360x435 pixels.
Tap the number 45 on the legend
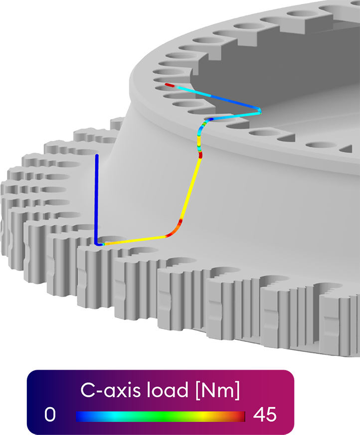tap(265, 415)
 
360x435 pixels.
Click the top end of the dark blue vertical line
tap(97, 156)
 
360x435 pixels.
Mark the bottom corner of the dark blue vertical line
tap(97, 244)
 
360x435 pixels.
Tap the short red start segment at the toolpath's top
tap(170, 85)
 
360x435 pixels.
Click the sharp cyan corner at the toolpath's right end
tap(260, 112)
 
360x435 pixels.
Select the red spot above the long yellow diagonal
tap(200, 155)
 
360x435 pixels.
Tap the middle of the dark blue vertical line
tap(97, 199)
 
